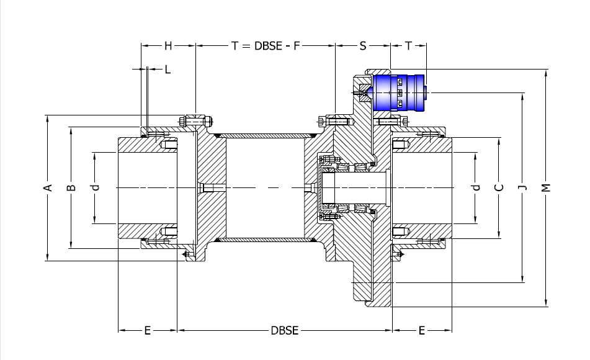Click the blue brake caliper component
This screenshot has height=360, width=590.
click(399, 93)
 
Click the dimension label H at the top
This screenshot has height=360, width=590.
click(168, 46)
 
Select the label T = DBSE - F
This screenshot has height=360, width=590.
click(266, 46)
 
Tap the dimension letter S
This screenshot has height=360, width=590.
click(363, 46)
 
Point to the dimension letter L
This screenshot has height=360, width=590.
click(168, 70)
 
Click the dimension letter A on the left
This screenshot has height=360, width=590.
click(48, 187)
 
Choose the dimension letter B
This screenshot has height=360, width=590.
click(71, 187)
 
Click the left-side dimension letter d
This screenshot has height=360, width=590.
click(96, 187)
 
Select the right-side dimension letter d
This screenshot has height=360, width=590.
click(476, 187)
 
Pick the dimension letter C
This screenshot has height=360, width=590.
click(499, 187)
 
